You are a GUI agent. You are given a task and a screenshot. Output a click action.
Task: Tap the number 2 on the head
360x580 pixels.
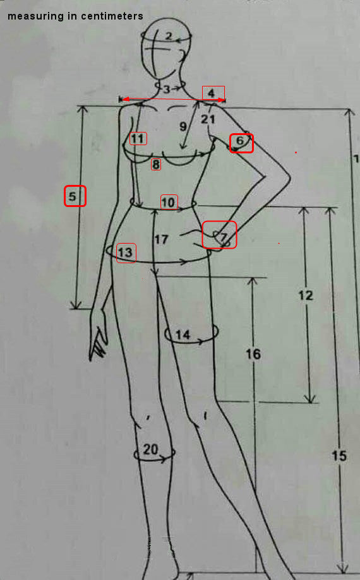click(169, 36)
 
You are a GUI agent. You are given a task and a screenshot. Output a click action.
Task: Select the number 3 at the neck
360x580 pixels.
click(167, 89)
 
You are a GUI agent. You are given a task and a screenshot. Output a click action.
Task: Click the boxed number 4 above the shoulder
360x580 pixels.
click(212, 93)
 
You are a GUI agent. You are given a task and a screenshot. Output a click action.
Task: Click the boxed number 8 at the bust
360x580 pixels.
click(156, 164)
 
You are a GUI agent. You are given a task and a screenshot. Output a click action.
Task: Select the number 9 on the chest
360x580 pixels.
click(183, 126)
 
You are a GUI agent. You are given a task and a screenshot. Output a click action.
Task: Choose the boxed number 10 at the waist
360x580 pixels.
click(169, 203)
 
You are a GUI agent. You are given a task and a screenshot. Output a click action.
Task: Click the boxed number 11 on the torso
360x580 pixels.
click(138, 139)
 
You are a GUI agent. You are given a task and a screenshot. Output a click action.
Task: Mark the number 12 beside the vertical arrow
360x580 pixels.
click(306, 295)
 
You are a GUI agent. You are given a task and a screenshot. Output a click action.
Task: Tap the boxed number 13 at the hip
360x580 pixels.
click(126, 252)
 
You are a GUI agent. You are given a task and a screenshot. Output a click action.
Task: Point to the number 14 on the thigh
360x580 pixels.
click(183, 334)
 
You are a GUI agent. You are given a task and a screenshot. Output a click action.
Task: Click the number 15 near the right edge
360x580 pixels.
click(339, 456)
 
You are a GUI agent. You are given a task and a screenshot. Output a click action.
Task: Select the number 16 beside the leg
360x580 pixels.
click(253, 354)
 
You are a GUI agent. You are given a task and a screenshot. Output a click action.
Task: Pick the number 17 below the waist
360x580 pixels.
click(161, 240)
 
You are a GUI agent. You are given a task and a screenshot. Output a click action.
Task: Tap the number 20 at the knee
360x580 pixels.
click(150, 449)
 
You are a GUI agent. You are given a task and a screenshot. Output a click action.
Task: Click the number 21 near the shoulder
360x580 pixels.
click(208, 119)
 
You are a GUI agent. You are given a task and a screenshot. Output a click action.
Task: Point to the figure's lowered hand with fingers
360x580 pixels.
click(99, 334)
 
